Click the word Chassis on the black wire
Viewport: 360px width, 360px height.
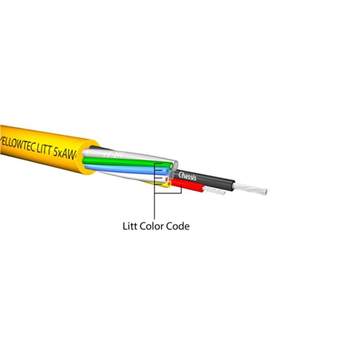(x=188, y=176)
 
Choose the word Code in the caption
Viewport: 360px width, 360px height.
(x=178, y=226)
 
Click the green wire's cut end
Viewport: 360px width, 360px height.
(x=171, y=166)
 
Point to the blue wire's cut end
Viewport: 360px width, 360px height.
(x=167, y=172)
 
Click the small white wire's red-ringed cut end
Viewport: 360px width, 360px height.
(x=167, y=179)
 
